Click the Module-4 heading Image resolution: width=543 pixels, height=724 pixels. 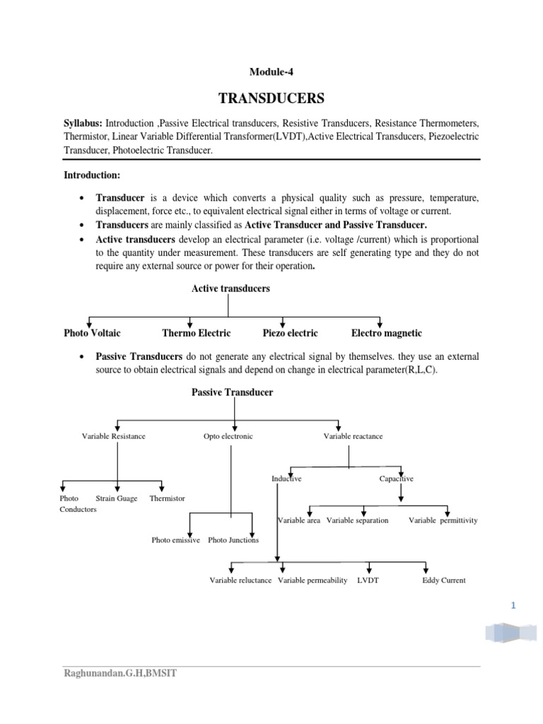pos(271,71)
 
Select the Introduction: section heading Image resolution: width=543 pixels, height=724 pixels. pos(92,175)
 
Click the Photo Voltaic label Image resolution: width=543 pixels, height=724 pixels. pos(92,333)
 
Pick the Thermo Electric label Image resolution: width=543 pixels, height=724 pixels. pos(197,333)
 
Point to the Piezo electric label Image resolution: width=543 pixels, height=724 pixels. pos(290,333)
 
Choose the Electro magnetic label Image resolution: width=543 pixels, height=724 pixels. pos(387,333)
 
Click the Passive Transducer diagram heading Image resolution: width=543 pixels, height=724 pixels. pos(232,392)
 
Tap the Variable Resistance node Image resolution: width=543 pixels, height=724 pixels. pos(114,436)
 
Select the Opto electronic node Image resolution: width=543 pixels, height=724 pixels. pos(228,436)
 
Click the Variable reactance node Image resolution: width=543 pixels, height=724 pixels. pos(353,436)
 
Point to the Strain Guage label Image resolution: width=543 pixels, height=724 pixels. pos(117,498)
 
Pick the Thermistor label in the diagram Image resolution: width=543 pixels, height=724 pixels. pos(168,498)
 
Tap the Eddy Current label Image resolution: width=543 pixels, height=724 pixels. pos(443,580)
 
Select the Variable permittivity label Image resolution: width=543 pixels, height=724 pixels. pos(443,520)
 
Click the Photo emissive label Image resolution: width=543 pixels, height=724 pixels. pos(176,540)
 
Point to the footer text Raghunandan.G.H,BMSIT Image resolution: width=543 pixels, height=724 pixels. pos(121,674)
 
